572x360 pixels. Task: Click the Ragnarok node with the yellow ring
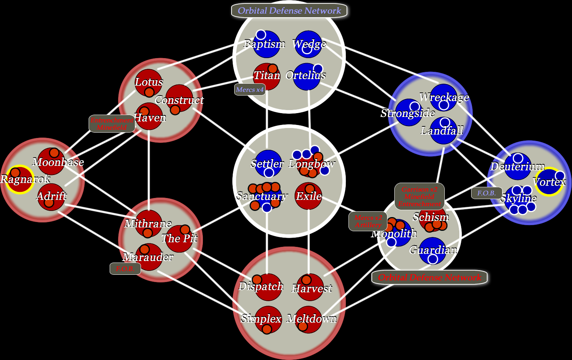click(x=19, y=179)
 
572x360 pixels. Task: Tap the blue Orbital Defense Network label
click(x=289, y=11)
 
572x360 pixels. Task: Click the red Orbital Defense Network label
click(x=429, y=277)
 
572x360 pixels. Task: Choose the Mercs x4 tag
click(x=250, y=90)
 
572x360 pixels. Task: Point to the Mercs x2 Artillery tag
click(x=368, y=222)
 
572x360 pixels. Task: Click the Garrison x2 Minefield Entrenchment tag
click(x=420, y=196)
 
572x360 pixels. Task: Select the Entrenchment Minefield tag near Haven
click(x=112, y=124)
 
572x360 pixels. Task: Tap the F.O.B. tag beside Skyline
click(x=486, y=193)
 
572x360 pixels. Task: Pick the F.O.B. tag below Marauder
click(x=125, y=269)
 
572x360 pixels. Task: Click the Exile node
click(x=308, y=196)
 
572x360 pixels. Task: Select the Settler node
click(x=268, y=164)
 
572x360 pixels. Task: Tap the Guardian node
click(x=433, y=251)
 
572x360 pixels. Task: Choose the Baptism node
click(x=266, y=44)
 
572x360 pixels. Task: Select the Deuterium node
click(x=518, y=167)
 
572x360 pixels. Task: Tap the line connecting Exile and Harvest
click(x=308, y=241)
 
